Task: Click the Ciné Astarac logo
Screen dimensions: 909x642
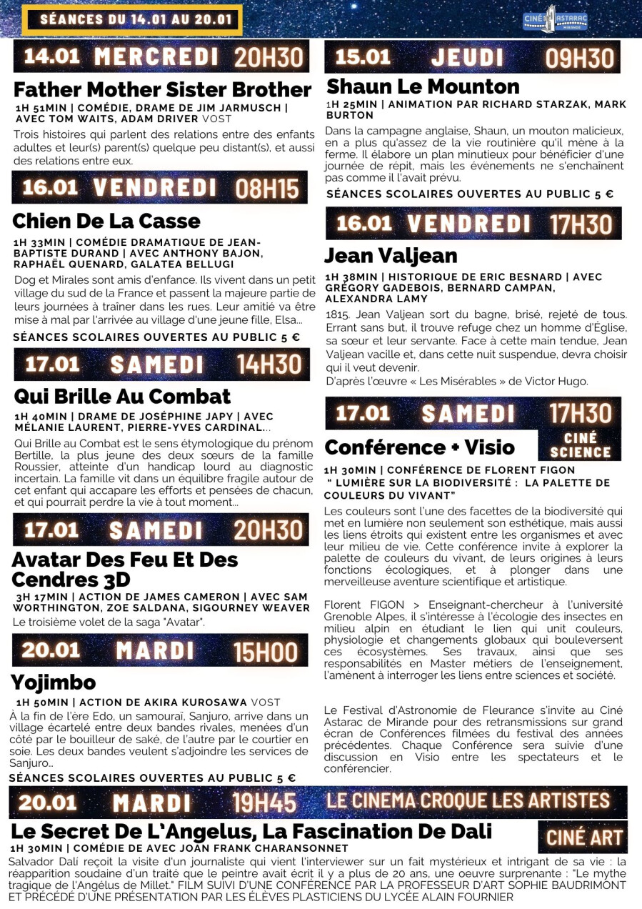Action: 555,19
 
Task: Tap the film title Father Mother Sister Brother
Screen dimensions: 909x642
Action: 162,90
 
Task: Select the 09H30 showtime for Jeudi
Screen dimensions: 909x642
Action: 579,58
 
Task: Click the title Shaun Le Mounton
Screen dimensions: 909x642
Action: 423,87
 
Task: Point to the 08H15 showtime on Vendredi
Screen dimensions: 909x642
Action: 267,189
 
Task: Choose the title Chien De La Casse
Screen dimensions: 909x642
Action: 106,221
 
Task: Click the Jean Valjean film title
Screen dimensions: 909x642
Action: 391,256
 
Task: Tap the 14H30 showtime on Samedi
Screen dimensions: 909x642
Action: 269,364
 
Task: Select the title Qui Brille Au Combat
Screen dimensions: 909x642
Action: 122,397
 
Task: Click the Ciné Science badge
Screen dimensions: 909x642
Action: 579,445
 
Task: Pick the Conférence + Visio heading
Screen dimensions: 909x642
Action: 419,447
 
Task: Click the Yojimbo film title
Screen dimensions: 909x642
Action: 53,682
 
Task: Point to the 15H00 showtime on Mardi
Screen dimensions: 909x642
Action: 265,652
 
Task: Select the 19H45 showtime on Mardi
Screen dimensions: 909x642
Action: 264,803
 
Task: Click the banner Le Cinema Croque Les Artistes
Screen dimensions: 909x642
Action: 468,800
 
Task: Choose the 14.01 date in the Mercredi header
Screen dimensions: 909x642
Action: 51,56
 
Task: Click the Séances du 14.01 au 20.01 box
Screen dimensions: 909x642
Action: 132,20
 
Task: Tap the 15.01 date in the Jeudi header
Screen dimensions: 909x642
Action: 363,57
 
